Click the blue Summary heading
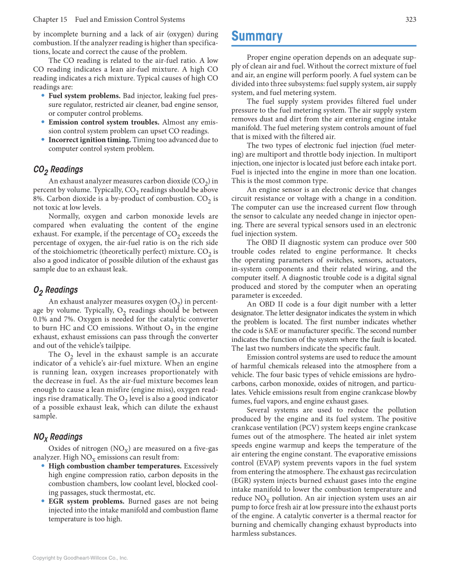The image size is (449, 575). pos(257,36)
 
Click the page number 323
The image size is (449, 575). pos(410,20)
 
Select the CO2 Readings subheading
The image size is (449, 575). pos(58,170)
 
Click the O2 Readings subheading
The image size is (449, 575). pos(55,290)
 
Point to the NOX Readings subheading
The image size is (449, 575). pos(58,437)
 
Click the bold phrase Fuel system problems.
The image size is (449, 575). pos(84,96)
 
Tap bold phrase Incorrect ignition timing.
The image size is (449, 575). pos(89,140)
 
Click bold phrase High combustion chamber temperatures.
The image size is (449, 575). pos(115,466)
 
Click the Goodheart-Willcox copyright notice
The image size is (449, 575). pos(80,558)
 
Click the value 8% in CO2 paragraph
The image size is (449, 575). pos(38,199)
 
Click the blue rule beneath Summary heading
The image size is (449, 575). pos(324,46)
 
